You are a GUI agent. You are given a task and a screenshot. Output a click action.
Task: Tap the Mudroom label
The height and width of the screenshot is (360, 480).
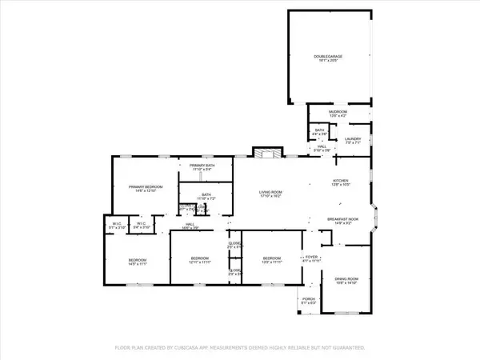click(337, 114)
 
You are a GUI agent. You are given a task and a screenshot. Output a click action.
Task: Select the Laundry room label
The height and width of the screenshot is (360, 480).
click(353, 140)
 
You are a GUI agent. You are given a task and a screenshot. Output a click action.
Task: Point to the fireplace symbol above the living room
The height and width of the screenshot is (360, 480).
click(265, 154)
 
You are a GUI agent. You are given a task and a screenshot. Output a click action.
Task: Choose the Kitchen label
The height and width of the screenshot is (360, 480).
click(341, 182)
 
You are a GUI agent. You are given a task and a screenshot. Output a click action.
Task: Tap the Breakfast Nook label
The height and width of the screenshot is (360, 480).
click(342, 220)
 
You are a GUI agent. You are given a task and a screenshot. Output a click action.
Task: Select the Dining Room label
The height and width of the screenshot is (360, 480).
click(345, 281)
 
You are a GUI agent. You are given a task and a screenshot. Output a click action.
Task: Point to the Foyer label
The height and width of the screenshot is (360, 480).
click(311, 258)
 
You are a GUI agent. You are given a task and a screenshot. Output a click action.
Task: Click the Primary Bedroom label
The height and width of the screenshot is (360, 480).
click(145, 189)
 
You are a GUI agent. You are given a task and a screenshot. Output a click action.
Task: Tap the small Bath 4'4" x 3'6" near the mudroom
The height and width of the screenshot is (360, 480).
click(319, 132)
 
